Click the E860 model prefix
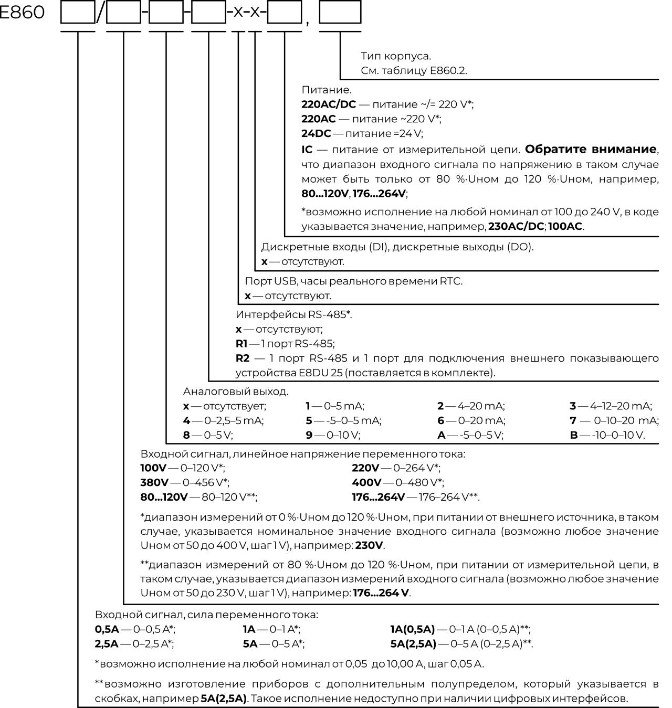[22, 12]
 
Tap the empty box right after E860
[78, 13]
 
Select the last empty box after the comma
[340, 13]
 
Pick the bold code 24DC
[316, 133]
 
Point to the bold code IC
[307, 150]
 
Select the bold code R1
[241, 344]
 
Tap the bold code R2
[243, 358]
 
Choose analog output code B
[573, 435]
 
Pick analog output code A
[441, 435]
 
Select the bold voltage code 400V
[366, 482]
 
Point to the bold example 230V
[369, 545]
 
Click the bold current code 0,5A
[107, 629]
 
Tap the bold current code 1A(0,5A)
[413, 629]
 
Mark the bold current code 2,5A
[107, 644]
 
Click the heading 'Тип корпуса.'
[396, 56]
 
